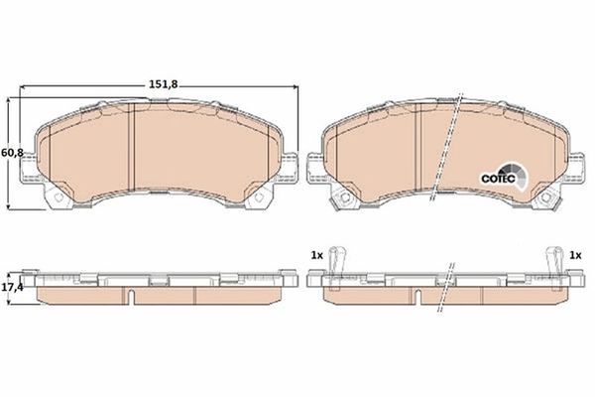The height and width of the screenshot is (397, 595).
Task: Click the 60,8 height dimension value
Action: pyautogui.click(x=12, y=152)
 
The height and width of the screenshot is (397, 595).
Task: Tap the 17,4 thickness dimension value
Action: pyautogui.click(x=12, y=286)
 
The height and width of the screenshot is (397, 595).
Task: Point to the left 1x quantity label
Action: pyautogui.click(x=316, y=255)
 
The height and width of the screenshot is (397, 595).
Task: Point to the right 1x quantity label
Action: pyautogui.click(x=574, y=255)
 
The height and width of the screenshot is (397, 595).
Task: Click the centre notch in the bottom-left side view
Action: pyautogui.click(x=132, y=295)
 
